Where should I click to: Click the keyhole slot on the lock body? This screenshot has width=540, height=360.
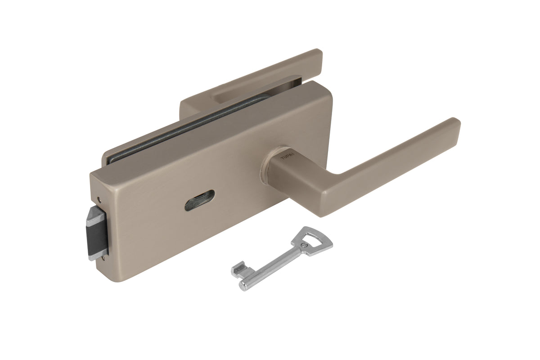coord(199,200)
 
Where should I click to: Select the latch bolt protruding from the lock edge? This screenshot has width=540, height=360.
coord(97,233)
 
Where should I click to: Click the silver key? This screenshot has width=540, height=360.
coord(279,259)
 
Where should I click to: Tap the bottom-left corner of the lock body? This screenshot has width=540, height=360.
coord(111,277)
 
